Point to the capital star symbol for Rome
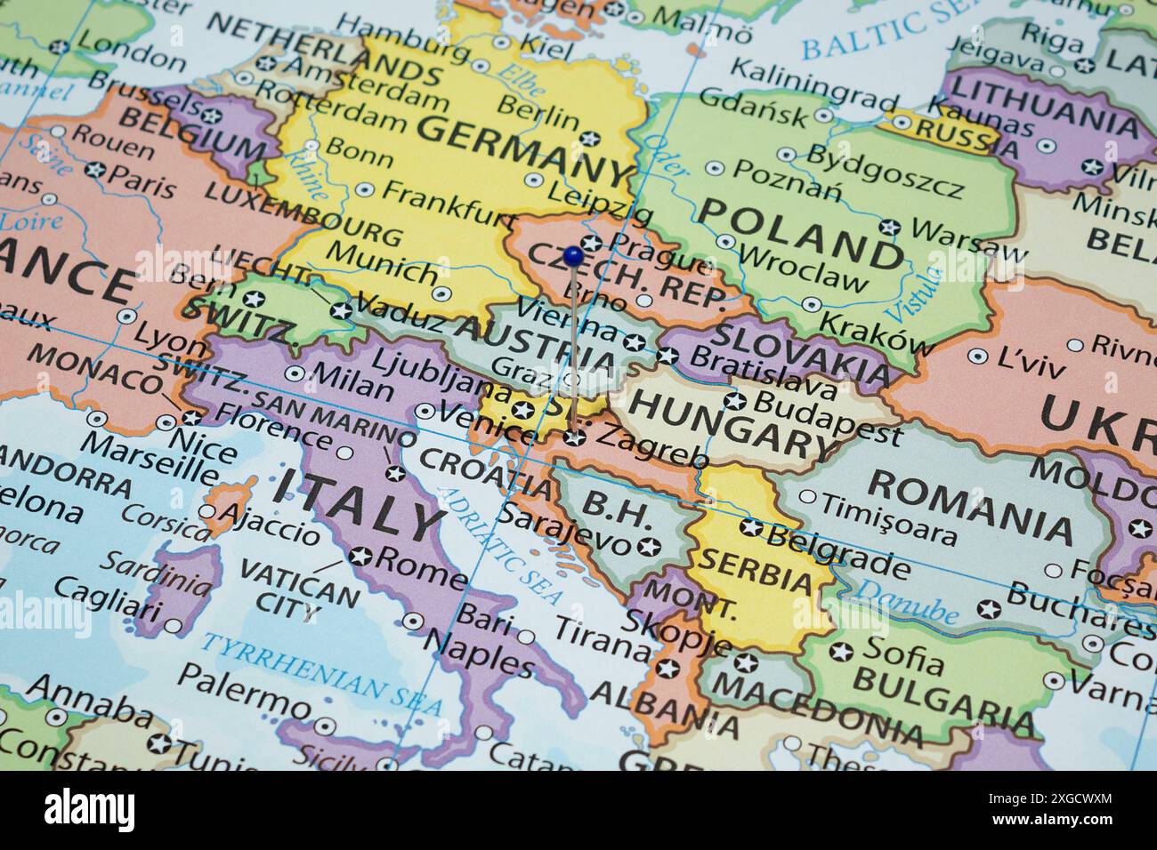click(x=360, y=557)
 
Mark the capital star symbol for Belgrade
click(x=751, y=528)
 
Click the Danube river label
click(x=908, y=601)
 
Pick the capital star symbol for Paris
click(x=95, y=169)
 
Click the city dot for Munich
click(x=441, y=293)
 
